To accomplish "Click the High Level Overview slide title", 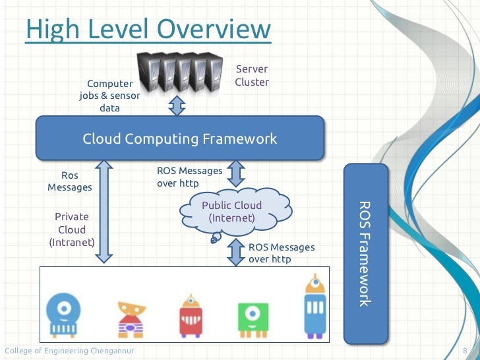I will coord(148,30).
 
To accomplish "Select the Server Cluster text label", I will coord(252,76).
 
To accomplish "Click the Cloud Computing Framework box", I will coord(179,139).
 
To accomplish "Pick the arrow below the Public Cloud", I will coord(235,251).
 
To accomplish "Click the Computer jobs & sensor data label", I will coord(110,96).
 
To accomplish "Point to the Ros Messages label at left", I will coord(70,181).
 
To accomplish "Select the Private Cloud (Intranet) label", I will coord(72,229).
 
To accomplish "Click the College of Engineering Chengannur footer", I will coord(69,351).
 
